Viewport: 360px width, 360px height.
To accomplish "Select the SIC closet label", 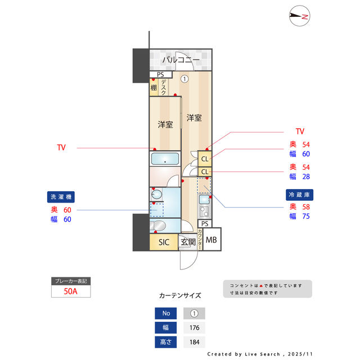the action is pos(164,242).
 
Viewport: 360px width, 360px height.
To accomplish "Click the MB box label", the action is pos(211,241).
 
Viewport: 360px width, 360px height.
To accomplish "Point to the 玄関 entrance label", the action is pos(188,242).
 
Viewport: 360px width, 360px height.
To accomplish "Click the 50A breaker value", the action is pos(71,291).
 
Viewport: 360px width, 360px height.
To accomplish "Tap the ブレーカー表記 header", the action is pos(70,281).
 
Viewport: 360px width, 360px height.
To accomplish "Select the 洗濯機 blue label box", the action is pos(61,197).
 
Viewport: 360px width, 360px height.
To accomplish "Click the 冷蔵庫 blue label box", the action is pos(299,194).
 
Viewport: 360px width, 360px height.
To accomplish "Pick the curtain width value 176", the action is pos(194,328).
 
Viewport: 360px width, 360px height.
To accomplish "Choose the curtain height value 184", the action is pos(194,342).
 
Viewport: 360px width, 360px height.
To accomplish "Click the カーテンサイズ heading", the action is pos(180,295).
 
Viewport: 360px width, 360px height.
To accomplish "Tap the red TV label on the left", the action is pos(61,148).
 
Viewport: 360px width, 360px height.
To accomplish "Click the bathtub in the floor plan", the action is pos(165,159).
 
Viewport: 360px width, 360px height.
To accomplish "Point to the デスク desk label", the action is pos(163,88).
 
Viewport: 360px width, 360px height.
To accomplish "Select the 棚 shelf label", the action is pos(154,88).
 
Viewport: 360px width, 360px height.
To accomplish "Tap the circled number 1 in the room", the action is pos(184,79).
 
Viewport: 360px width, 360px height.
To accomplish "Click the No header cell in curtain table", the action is pos(165,314).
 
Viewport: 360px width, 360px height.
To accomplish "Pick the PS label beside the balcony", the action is pos(160,75).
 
